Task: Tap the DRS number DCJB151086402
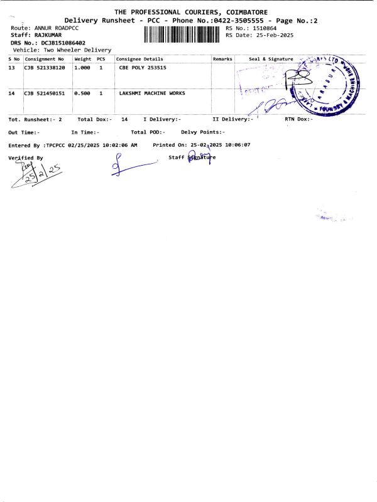coord(59,43)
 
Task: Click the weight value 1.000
coord(83,67)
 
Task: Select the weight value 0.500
coord(83,93)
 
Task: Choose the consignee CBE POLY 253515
coord(143,67)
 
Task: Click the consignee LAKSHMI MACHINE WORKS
coord(152,93)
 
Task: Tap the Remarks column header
coord(222,59)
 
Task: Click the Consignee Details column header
coord(139,59)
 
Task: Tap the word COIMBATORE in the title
coord(243,12)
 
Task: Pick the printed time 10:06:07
coord(238,145)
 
